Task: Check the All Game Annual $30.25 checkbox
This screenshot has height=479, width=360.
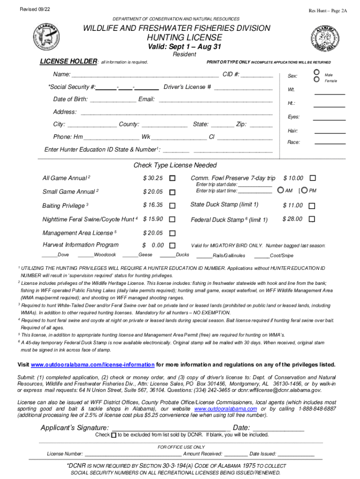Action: click(x=173, y=178)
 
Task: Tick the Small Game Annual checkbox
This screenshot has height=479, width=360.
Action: click(x=173, y=192)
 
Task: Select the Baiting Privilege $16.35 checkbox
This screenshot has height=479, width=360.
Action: click(x=173, y=205)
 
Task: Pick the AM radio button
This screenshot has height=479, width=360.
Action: click(x=280, y=190)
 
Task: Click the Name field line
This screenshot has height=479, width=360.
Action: click(x=145, y=75)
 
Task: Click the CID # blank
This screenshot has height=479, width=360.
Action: click(x=257, y=75)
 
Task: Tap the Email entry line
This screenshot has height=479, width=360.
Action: click(x=215, y=100)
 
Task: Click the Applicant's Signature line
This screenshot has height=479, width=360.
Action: click(x=171, y=428)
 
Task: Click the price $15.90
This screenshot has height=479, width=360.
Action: click(x=153, y=219)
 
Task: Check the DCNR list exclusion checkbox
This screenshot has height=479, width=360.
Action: click(x=114, y=435)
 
